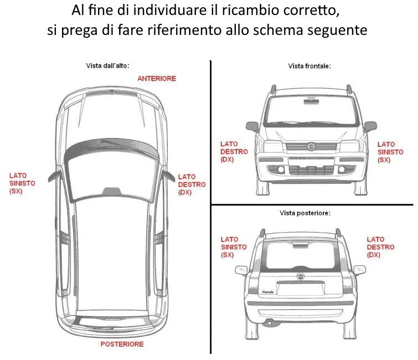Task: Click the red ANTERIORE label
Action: pyautogui.click(x=157, y=79)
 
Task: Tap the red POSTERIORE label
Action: pyautogui.click(x=122, y=344)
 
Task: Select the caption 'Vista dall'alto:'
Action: pyautogui.click(x=107, y=66)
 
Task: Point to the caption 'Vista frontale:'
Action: pyautogui.click(x=309, y=66)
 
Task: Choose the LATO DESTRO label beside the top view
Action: pyautogui.click(x=192, y=184)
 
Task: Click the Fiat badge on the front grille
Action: pyautogui.click(x=311, y=146)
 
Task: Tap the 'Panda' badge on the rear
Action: pyautogui.click(x=268, y=291)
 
